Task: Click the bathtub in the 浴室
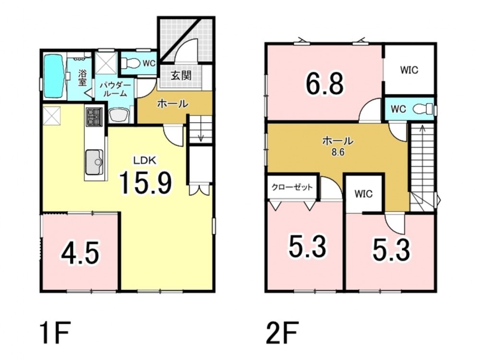55,76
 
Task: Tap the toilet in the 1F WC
130,64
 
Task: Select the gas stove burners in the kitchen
94,117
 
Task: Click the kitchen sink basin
94,162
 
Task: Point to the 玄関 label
180,75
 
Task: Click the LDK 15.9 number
145,183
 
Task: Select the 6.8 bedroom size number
324,84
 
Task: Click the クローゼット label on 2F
292,187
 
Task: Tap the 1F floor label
55,333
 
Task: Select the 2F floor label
282,333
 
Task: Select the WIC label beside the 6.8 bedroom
409,70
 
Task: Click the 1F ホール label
172,104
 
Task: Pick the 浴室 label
82,78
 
